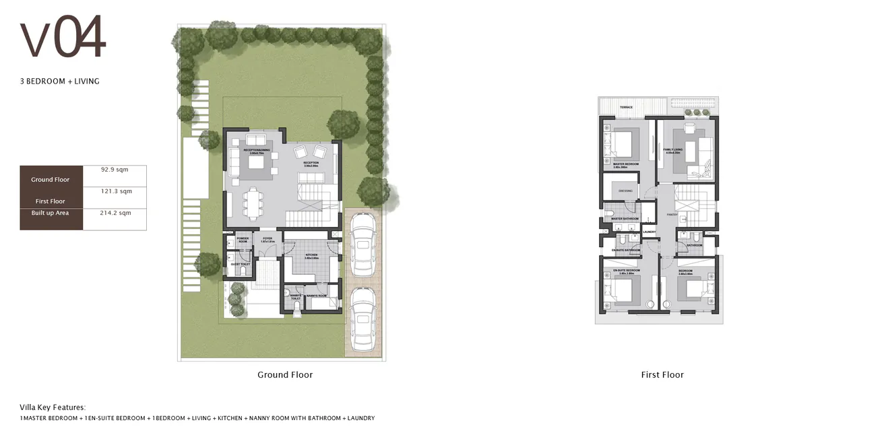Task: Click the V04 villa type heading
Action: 63,39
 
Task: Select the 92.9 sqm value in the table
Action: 115,170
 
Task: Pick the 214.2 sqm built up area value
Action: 115,213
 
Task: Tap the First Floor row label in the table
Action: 51,201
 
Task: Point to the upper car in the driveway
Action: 363,244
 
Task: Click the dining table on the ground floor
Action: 253,203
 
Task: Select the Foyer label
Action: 267,239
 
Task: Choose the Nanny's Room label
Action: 316,296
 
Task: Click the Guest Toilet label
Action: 240,265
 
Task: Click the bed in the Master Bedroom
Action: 621,143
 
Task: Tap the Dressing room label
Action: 625,191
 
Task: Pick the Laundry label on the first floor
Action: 650,232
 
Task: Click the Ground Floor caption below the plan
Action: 285,375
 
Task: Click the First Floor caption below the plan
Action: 662,375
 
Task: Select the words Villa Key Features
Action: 53,407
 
